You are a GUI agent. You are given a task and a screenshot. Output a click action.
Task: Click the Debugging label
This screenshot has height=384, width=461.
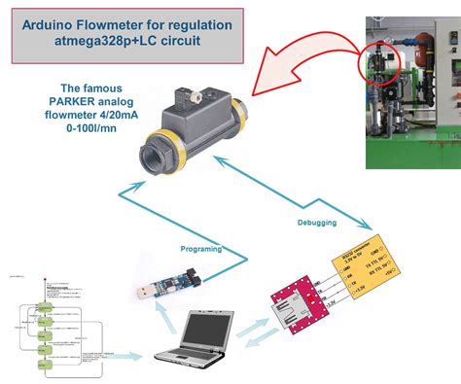317,223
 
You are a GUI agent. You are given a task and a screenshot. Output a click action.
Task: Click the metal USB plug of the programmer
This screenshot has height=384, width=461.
141,291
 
